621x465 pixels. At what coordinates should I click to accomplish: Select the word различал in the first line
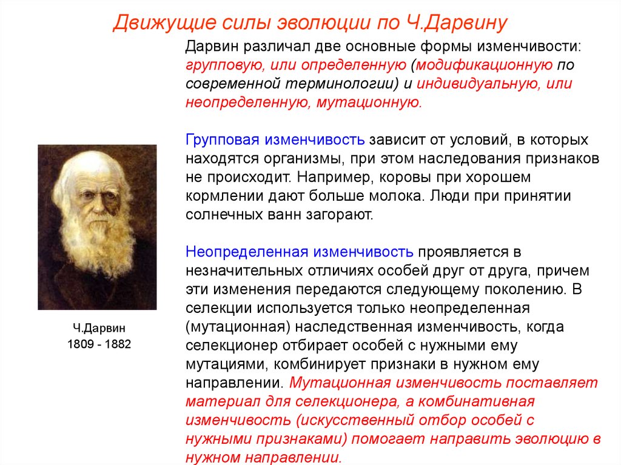click(x=277, y=47)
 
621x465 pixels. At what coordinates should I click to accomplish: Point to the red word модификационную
click(x=484, y=65)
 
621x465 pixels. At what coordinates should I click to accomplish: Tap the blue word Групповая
click(x=222, y=140)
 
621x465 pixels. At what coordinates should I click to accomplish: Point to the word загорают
click(x=340, y=215)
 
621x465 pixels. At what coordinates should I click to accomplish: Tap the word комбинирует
click(x=319, y=364)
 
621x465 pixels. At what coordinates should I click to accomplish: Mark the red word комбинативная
click(x=477, y=401)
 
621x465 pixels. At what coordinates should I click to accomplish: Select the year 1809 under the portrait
click(x=80, y=344)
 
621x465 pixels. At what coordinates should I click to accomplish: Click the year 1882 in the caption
click(x=118, y=344)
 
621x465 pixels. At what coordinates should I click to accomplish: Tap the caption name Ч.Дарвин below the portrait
click(x=99, y=328)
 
